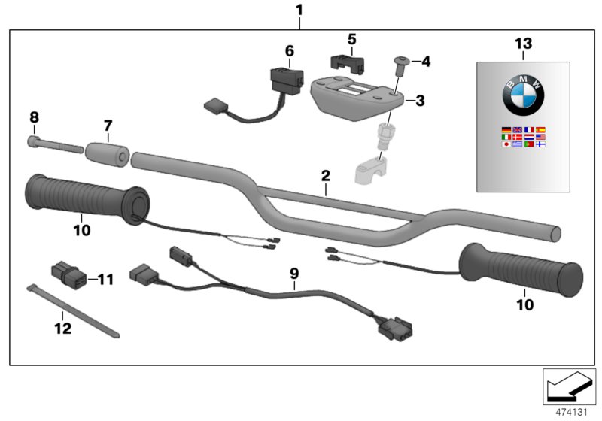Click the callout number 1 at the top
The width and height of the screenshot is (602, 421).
(x=300, y=11)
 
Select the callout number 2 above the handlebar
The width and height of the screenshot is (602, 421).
(x=325, y=176)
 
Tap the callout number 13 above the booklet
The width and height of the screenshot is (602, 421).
(x=522, y=44)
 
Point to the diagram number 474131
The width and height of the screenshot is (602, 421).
(x=569, y=411)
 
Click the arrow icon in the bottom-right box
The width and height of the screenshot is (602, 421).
(x=568, y=386)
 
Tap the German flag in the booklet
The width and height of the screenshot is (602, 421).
(x=506, y=130)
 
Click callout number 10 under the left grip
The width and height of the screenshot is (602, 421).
(x=82, y=230)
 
